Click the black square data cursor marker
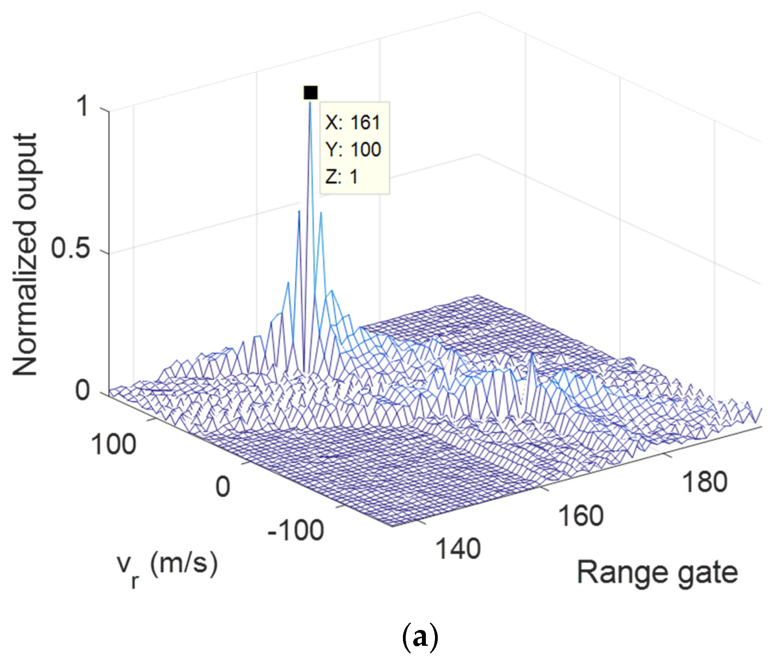click(x=310, y=92)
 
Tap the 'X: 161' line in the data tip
click(x=352, y=123)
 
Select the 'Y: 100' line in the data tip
click(x=353, y=149)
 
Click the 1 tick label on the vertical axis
click(x=83, y=106)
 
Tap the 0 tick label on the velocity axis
click(x=223, y=487)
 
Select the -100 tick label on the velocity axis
click(x=296, y=530)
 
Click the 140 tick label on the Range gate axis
click(x=458, y=549)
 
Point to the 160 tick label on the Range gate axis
click(x=580, y=516)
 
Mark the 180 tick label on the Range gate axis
click(x=705, y=482)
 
